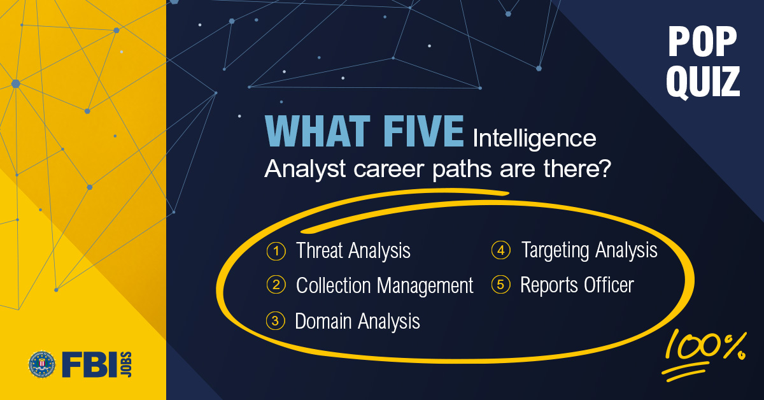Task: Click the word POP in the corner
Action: [702, 43]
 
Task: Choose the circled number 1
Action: [276, 251]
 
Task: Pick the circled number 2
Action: [276, 285]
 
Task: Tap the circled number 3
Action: [276, 320]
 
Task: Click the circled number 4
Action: [501, 250]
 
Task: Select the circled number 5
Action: [501, 285]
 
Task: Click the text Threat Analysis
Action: [353, 251]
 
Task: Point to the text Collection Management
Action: [385, 286]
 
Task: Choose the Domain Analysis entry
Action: [357, 321]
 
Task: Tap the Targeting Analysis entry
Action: [589, 250]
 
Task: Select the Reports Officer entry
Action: [577, 285]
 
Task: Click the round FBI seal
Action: [42, 364]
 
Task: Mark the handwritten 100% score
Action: [704, 350]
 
